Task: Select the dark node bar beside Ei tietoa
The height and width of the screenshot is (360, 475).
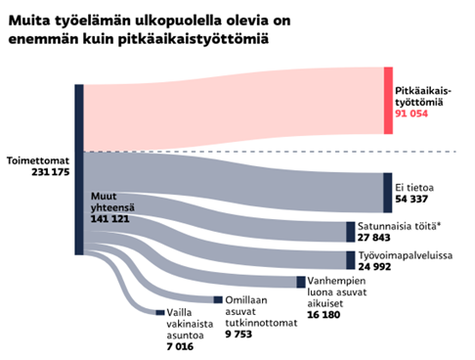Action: click(385, 187)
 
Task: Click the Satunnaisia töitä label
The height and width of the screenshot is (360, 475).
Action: click(391, 223)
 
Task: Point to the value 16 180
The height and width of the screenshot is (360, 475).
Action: click(325, 316)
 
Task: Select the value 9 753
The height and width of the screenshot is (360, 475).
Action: click(243, 334)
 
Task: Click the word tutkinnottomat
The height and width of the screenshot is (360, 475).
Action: click(260, 322)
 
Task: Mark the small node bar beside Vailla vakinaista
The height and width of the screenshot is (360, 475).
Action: click(159, 312)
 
